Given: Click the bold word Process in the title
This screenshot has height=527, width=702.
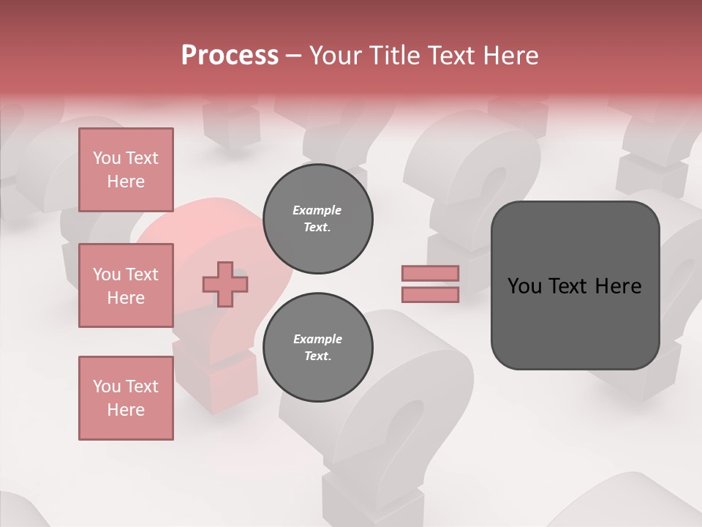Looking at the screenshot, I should pyautogui.click(x=230, y=56).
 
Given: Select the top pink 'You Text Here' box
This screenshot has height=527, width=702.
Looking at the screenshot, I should pyautogui.click(x=126, y=170).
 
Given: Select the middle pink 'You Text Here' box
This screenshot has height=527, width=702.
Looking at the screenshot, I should pyautogui.click(x=126, y=285).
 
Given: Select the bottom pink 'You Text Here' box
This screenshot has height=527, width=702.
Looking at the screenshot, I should pyautogui.click(x=126, y=398).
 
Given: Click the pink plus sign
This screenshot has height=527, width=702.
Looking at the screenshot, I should pyautogui.click(x=225, y=284).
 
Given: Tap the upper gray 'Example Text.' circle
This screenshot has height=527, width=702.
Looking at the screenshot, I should pyautogui.click(x=317, y=219).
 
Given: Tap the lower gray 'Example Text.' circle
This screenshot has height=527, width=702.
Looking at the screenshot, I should pyautogui.click(x=317, y=348).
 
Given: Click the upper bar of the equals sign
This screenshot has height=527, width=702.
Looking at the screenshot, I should pyautogui.click(x=430, y=274).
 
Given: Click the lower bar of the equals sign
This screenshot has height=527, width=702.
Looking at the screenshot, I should pyautogui.click(x=430, y=295).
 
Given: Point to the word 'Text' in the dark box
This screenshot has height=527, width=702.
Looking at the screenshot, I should pyautogui.click(x=573, y=286).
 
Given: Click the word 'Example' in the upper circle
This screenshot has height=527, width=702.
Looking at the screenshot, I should pyautogui.click(x=317, y=210).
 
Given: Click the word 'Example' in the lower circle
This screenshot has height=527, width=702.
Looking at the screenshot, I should pyautogui.click(x=317, y=339).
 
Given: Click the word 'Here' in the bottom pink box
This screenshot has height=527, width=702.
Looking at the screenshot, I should pyautogui.click(x=126, y=410).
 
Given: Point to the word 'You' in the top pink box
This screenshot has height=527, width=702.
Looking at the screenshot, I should pyautogui.click(x=107, y=158).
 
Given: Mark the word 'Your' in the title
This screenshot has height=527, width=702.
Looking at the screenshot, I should pyautogui.click(x=334, y=56).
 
